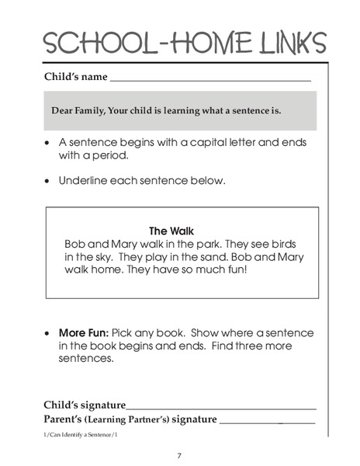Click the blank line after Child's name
209,79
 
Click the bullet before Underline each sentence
50,181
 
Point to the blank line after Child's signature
221,405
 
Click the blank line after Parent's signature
267,420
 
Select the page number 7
179,454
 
